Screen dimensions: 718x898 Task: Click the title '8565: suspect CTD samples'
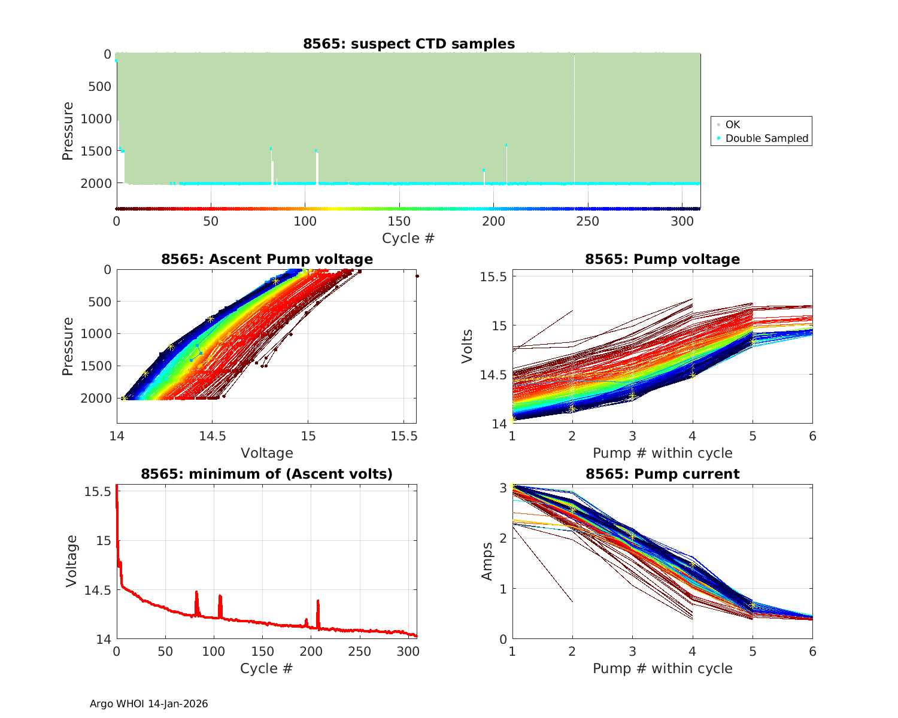(408, 44)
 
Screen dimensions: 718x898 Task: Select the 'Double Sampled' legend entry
(766, 138)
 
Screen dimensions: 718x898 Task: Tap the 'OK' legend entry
(732, 124)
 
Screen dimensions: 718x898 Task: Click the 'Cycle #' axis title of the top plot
(408, 238)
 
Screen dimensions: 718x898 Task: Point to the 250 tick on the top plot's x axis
(588, 221)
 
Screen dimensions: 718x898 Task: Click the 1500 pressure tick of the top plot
(96, 151)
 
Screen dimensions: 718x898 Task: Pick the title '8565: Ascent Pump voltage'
(266, 259)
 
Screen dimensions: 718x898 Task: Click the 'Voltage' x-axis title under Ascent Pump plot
(266, 453)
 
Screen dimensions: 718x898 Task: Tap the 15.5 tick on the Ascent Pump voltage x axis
(404, 436)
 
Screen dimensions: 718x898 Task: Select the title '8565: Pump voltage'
(662, 259)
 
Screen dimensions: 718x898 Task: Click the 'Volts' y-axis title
(467, 346)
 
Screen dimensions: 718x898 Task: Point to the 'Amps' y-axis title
(487, 561)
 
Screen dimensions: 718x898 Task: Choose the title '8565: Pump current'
(662, 474)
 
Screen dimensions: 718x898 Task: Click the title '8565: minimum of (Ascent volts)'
(266, 474)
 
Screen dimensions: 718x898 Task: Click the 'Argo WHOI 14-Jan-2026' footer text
(148, 704)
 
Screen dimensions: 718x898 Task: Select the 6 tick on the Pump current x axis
(812, 651)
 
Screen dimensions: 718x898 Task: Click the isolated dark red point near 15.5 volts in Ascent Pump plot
(417, 276)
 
